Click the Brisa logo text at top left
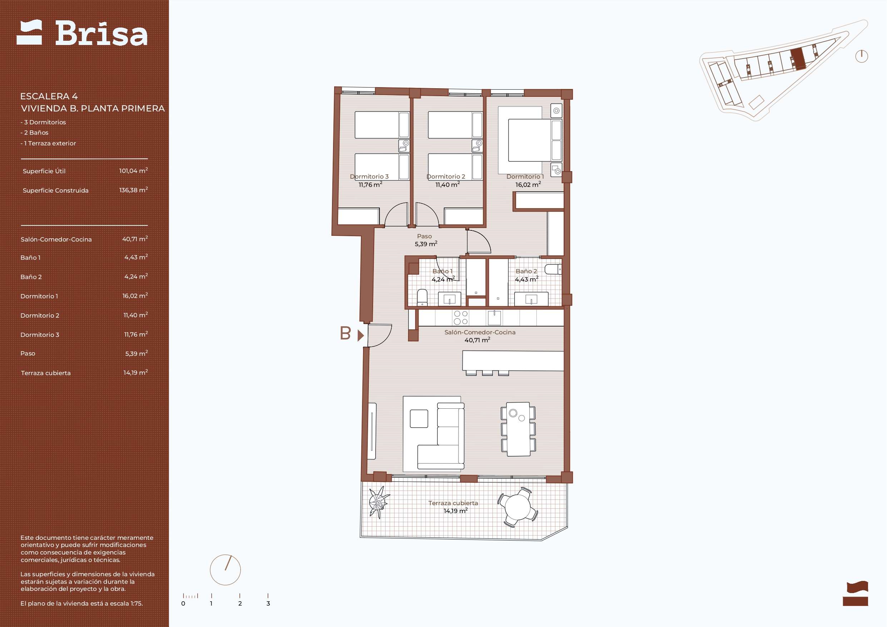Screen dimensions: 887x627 pyautogui.click(x=101, y=33)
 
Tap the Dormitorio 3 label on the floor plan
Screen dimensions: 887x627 pyautogui.click(x=369, y=176)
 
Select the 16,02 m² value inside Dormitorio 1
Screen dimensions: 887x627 pyautogui.click(x=528, y=185)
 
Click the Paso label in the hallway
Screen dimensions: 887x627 pyautogui.click(x=424, y=236)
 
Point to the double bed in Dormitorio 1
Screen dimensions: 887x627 pyautogui.click(x=535, y=140)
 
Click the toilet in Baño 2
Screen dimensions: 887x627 pyautogui.click(x=553, y=269)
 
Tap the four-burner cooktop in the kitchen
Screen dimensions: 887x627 pyautogui.click(x=461, y=318)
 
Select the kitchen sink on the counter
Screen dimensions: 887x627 pyautogui.click(x=495, y=318)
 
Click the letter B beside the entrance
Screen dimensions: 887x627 pyautogui.click(x=345, y=333)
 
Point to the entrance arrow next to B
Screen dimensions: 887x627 pyautogui.click(x=361, y=335)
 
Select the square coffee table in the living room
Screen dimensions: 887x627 pyautogui.click(x=419, y=419)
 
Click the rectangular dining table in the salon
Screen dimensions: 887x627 pyautogui.click(x=519, y=429)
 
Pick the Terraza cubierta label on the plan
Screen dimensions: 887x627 pyautogui.click(x=453, y=503)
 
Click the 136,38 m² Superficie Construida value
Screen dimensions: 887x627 pyautogui.click(x=134, y=190)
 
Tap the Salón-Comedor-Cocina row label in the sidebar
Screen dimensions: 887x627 pyautogui.click(x=56, y=239)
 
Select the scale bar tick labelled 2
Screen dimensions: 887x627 pyautogui.click(x=240, y=603)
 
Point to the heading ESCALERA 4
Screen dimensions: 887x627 pyautogui.click(x=49, y=96)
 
